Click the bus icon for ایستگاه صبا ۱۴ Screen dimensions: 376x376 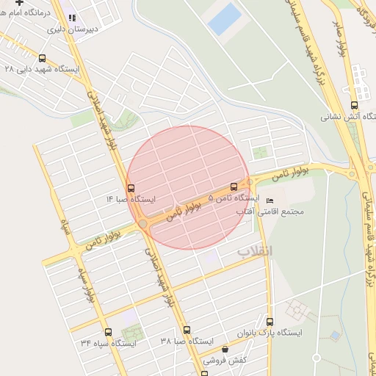131,188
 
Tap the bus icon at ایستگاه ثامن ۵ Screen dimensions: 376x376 234,187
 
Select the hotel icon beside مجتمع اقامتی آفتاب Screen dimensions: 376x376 270,200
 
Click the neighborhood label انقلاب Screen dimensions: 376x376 254,251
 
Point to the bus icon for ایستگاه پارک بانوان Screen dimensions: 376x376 270,322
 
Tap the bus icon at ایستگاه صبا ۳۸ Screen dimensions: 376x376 187,330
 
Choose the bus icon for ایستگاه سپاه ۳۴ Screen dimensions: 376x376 108,332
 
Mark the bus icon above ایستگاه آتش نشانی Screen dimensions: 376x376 354,105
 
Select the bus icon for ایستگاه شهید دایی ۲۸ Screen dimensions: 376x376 42,58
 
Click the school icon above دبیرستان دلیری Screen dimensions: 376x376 71,18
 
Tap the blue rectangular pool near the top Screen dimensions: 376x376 224,19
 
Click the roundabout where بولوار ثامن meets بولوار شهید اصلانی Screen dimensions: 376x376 142,223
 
